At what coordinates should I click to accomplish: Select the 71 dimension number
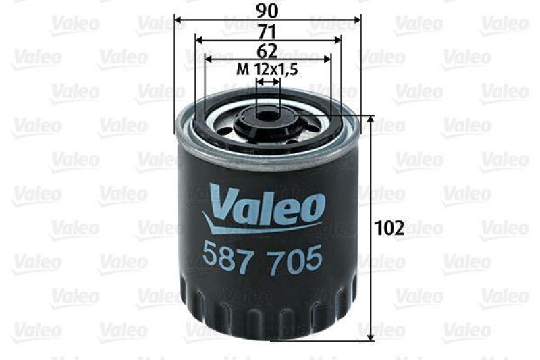click(268, 30)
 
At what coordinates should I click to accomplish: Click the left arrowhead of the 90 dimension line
click(178, 20)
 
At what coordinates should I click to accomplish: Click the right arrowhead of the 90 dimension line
click(358, 20)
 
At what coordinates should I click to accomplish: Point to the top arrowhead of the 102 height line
click(370, 120)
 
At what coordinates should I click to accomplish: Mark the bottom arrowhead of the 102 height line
click(370, 336)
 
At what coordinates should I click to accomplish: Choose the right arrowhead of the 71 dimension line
click(338, 40)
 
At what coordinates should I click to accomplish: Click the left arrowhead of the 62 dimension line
click(207, 59)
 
